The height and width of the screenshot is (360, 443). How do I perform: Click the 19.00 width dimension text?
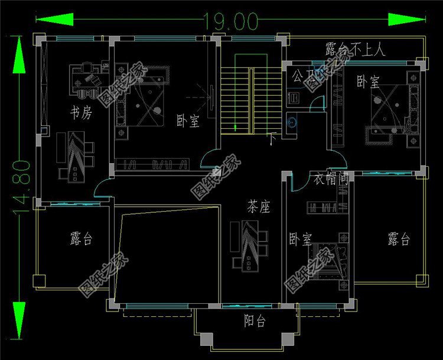(x=230, y=21)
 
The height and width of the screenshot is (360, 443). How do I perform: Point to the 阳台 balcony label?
(x=255, y=322)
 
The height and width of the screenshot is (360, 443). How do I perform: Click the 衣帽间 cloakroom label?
(x=330, y=178)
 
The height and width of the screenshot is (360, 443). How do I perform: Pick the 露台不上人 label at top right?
(x=355, y=49)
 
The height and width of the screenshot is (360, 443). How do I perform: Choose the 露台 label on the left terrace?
(x=81, y=239)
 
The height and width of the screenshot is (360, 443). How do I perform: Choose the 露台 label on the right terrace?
(x=399, y=239)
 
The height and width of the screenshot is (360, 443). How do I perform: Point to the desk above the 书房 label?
(x=87, y=81)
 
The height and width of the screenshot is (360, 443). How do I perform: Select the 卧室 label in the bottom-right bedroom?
(x=300, y=239)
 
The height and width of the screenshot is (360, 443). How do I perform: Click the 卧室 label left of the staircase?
(x=188, y=121)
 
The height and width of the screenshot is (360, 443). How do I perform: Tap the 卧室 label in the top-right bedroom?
(x=367, y=83)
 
